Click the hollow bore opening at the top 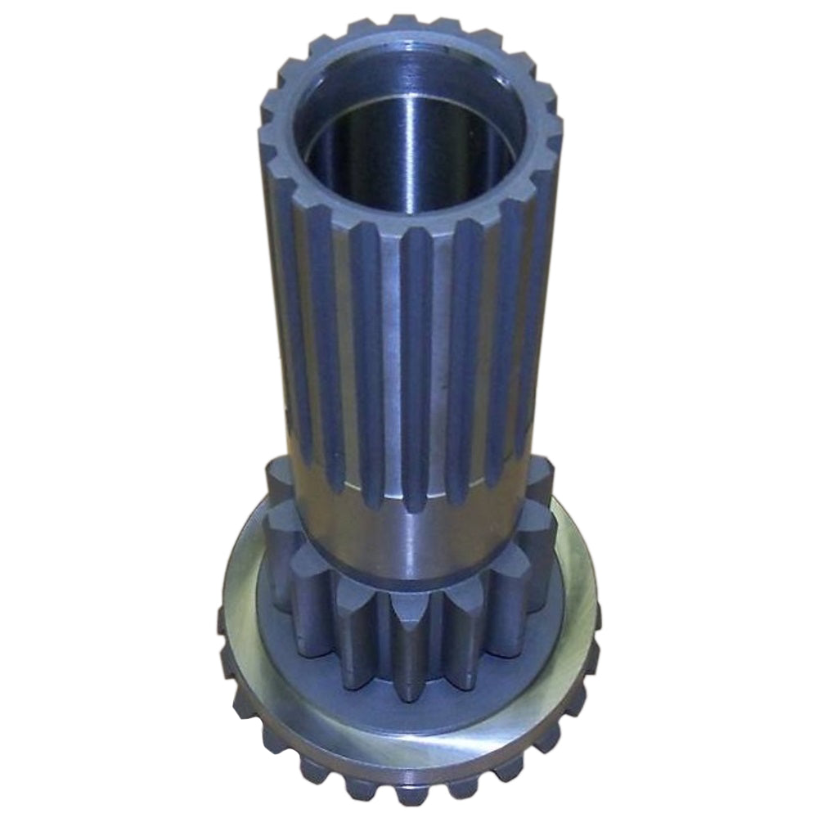pyautogui.click(x=409, y=131)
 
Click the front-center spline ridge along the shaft pyautogui.click(x=416, y=368)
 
